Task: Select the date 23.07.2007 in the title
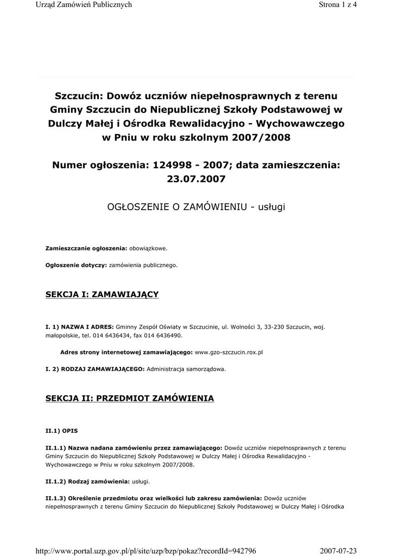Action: point(196,178)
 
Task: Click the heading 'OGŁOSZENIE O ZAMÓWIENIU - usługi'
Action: point(196,207)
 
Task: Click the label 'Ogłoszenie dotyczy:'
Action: point(76,266)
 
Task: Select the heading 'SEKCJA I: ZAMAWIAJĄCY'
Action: point(102,294)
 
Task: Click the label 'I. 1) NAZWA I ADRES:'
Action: point(80,327)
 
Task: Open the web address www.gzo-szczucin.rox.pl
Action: point(228,352)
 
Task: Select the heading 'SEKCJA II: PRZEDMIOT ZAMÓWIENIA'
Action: point(129,399)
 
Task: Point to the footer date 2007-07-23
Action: point(338,551)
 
